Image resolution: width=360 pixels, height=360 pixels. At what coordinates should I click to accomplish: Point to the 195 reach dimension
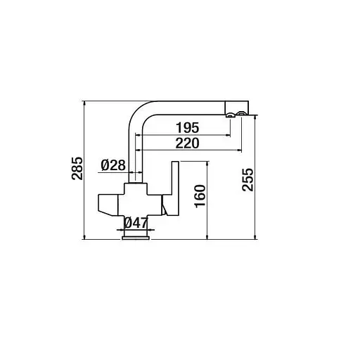click(x=186, y=127)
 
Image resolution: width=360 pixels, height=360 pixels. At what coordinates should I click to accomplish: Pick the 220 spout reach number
click(x=186, y=143)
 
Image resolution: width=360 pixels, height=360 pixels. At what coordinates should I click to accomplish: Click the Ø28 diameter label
click(x=112, y=165)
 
